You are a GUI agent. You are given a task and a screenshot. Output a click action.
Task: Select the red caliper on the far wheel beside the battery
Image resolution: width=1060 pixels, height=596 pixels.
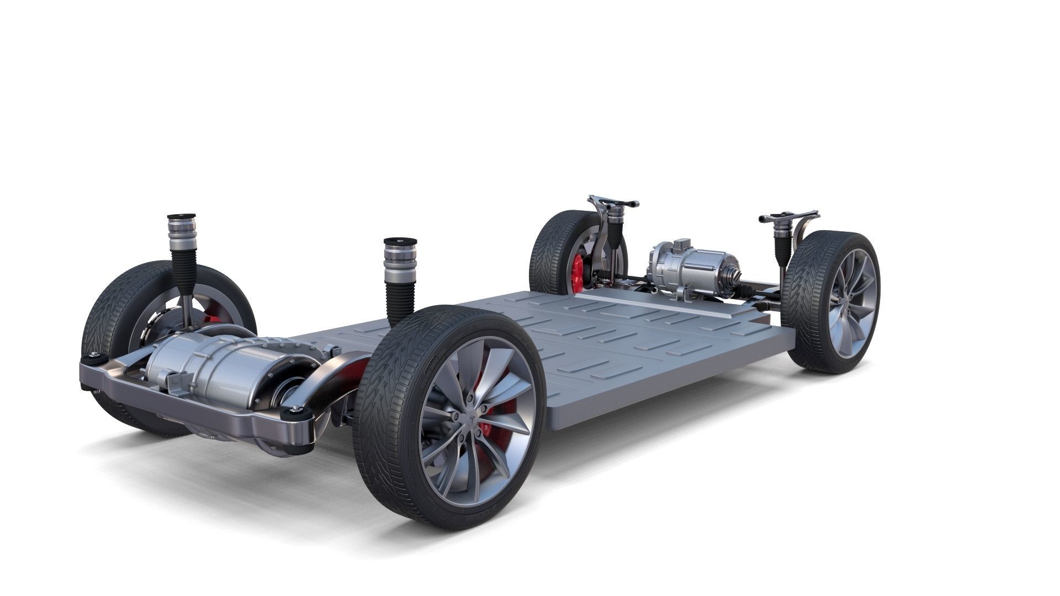[577, 274]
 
